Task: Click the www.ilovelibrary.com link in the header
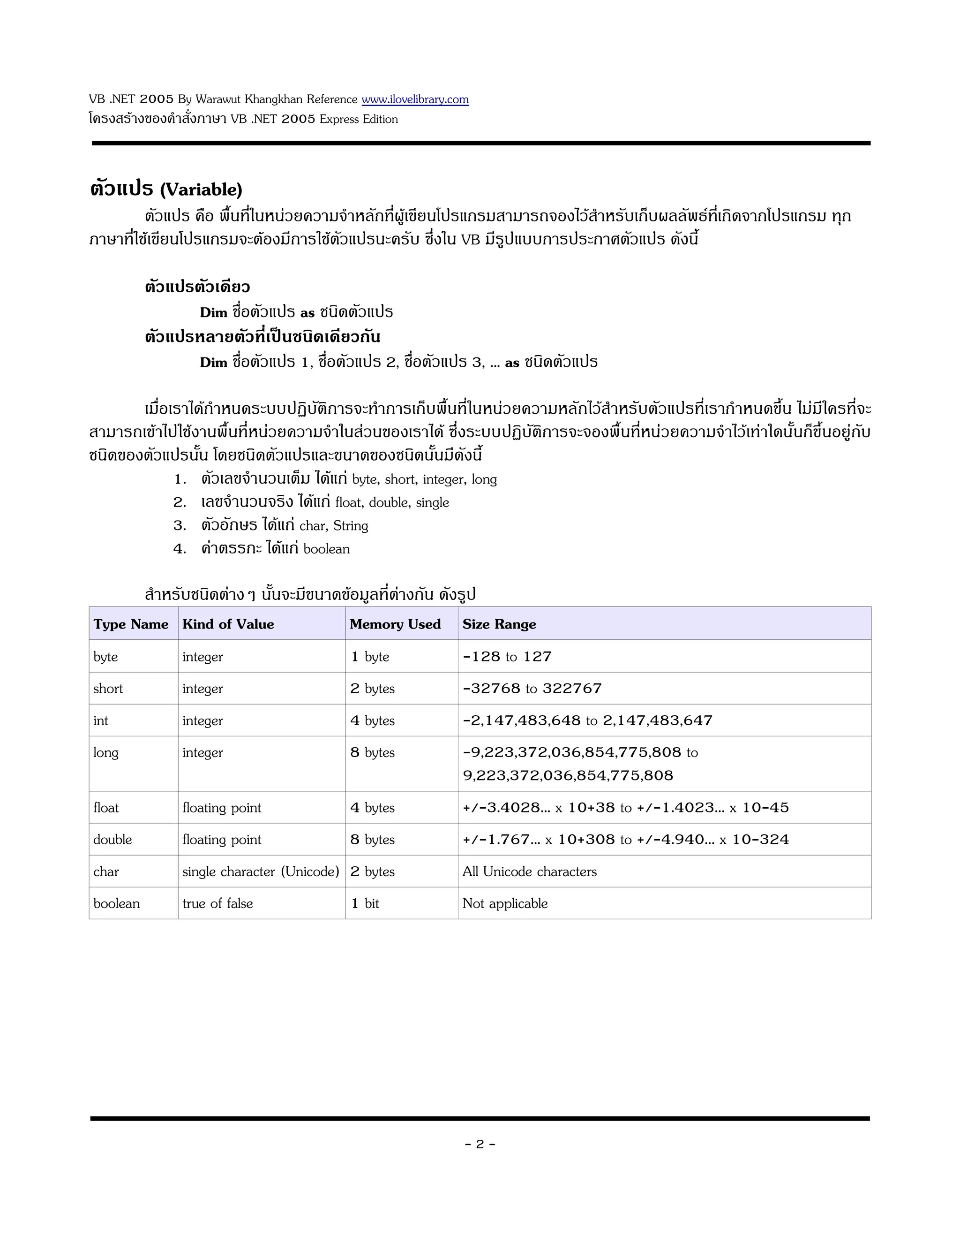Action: [x=415, y=99]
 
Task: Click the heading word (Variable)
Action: [x=201, y=189]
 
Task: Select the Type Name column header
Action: [x=131, y=624]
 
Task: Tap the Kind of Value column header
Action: [x=228, y=624]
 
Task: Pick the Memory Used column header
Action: [x=395, y=624]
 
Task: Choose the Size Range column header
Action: [x=499, y=624]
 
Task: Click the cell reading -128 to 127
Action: [x=507, y=657]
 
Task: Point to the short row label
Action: [x=108, y=689]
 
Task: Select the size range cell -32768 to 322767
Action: [x=532, y=689]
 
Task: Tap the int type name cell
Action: [x=101, y=720]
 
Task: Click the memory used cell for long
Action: [x=373, y=752]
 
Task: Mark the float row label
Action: [x=106, y=808]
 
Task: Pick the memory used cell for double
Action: [x=373, y=840]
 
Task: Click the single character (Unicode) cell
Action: [x=261, y=872]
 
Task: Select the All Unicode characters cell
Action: [x=530, y=872]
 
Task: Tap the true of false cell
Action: [x=217, y=903]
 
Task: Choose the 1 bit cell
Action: [x=365, y=903]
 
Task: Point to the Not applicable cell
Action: [x=505, y=903]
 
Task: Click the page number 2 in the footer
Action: [x=480, y=1144]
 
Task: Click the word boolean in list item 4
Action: [x=326, y=549]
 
